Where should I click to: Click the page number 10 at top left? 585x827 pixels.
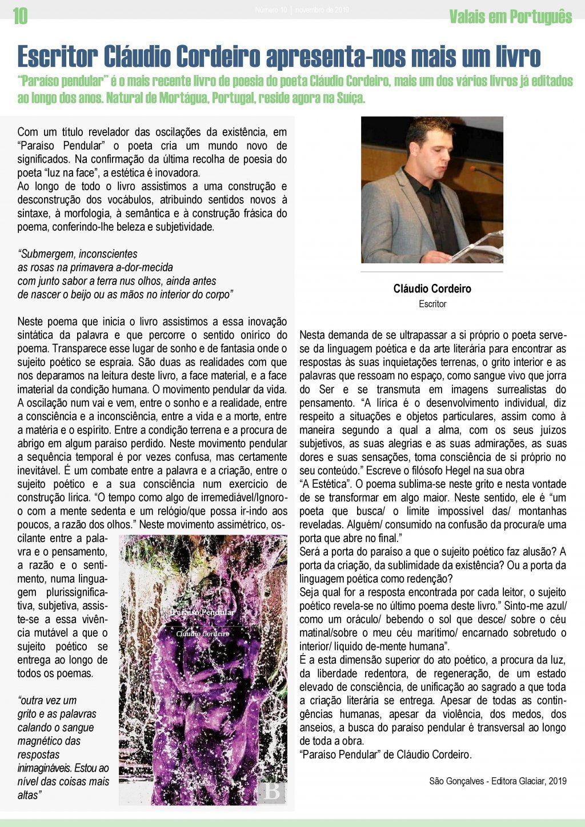click(20, 17)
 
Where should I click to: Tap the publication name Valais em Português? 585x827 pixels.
click(510, 17)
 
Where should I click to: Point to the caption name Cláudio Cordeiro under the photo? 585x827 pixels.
click(432, 289)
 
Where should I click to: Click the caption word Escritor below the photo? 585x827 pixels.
click(432, 304)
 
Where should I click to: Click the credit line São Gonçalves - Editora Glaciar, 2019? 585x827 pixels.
click(498, 781)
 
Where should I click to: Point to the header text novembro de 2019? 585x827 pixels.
click(323, 10)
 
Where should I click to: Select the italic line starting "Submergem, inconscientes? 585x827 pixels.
click(78, 254)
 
